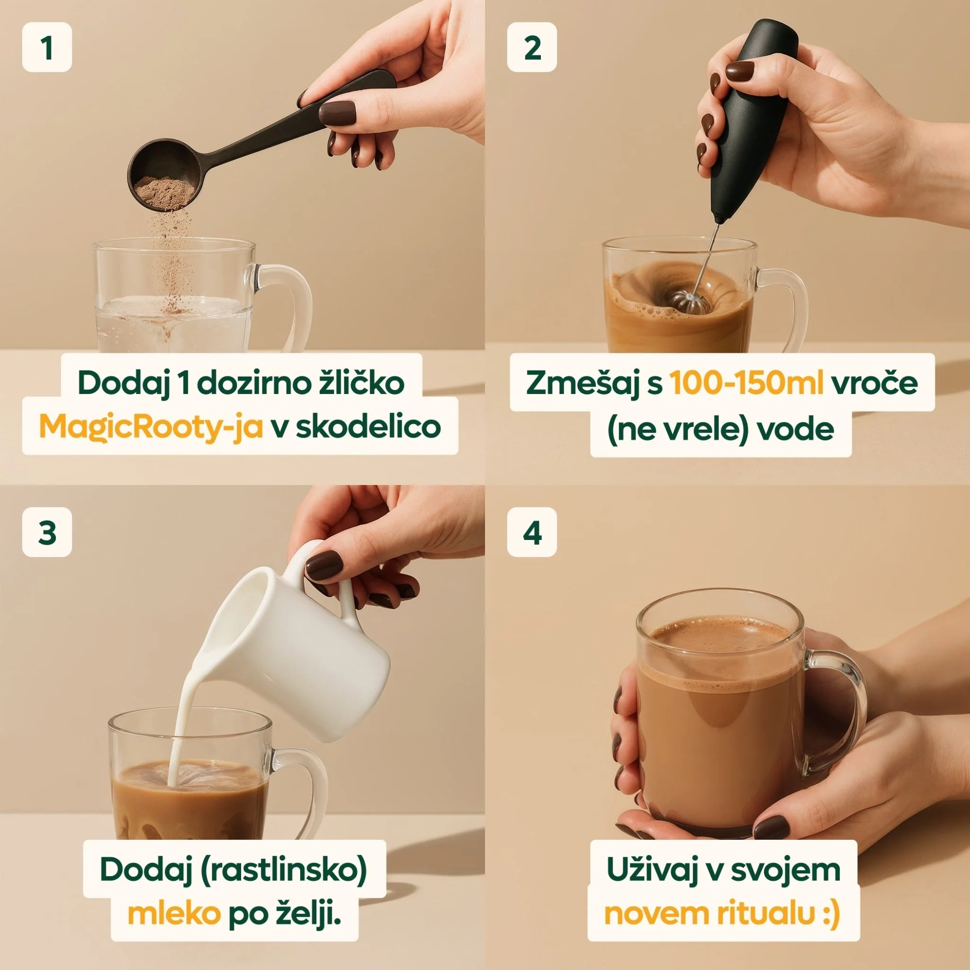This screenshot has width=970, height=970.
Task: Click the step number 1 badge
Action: coord(47,47)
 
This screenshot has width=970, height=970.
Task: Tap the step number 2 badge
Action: coord(532,47)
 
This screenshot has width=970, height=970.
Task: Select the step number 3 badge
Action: coord(47,532)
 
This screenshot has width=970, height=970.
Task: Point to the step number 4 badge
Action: coord(532,532)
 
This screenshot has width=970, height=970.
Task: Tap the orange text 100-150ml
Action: coord(747,383)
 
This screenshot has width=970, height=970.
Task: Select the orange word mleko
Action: coord(174,915)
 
